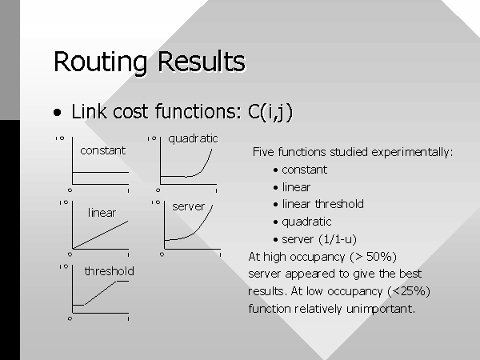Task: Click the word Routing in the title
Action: (x=100, y=62)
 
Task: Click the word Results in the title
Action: (x=201, y=62)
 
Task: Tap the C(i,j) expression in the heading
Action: (x=270, y=112)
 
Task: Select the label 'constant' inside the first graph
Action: (x=103, y=150)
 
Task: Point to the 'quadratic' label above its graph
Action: (x=193, y=139)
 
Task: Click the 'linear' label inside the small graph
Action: (x=102, y=213)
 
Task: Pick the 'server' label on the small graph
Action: (x=188, y=206)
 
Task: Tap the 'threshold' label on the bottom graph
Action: (x=110, y=271)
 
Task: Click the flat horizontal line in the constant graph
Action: (x=101, y=172)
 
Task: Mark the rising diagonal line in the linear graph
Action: (x=101, y=234)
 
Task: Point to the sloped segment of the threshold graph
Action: (x=101, y=293)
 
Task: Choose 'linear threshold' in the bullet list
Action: (x=323, y=204)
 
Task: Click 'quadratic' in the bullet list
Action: (x=306, y=222)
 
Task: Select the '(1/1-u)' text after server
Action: (x=338, y=239)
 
